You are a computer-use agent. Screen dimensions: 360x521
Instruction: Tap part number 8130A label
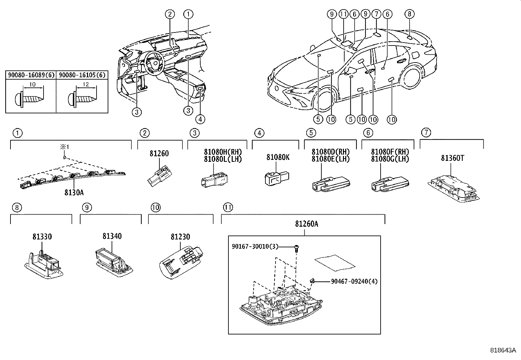[x=74, y=192]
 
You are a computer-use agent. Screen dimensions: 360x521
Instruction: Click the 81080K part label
[x=278, y=158]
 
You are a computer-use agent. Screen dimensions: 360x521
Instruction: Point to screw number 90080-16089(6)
[x=31, y=75]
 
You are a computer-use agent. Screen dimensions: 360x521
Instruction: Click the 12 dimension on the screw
[x=86, y=85]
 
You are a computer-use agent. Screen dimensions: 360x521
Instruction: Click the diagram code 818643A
[x=503, y=350]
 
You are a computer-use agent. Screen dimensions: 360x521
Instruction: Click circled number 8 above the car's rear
[x=409, y=14]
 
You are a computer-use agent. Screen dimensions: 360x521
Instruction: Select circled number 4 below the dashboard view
[x=200, y=119]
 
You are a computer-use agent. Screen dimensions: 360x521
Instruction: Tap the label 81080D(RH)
[x=331, y=152]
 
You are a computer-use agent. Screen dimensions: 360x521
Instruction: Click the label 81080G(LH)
[x=390, y=159]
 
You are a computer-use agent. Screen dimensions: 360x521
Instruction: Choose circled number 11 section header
[x=227, y=207]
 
